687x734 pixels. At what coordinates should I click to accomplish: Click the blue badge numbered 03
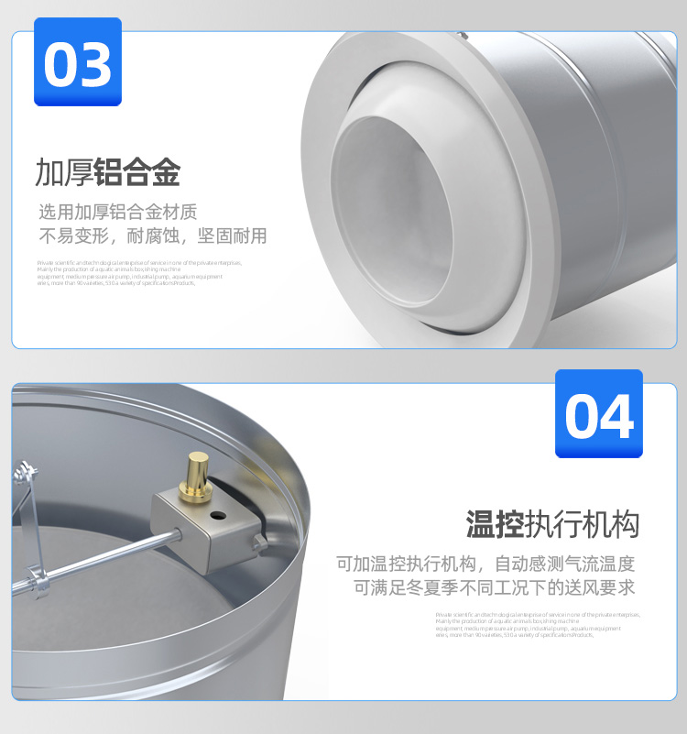pyautogui.click(x=77, y=62)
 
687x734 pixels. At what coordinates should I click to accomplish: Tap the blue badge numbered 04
pyautogui.click(x=599, y=413)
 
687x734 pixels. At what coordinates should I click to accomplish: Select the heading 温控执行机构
pyautogui.click(x=552, y=524)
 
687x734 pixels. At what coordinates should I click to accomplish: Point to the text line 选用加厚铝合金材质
pyautogui.click(x=117, y=212)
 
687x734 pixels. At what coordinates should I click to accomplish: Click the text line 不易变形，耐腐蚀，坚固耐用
pyautogui.click(x=152, y=236)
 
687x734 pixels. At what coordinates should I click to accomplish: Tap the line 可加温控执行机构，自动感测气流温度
pyautogui.click(x=485, y=564)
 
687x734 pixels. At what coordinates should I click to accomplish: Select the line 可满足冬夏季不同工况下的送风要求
pyautogui.click(x=495, y=587)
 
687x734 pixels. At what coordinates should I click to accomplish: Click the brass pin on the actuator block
pyautogui.click(x=195, y=473)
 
